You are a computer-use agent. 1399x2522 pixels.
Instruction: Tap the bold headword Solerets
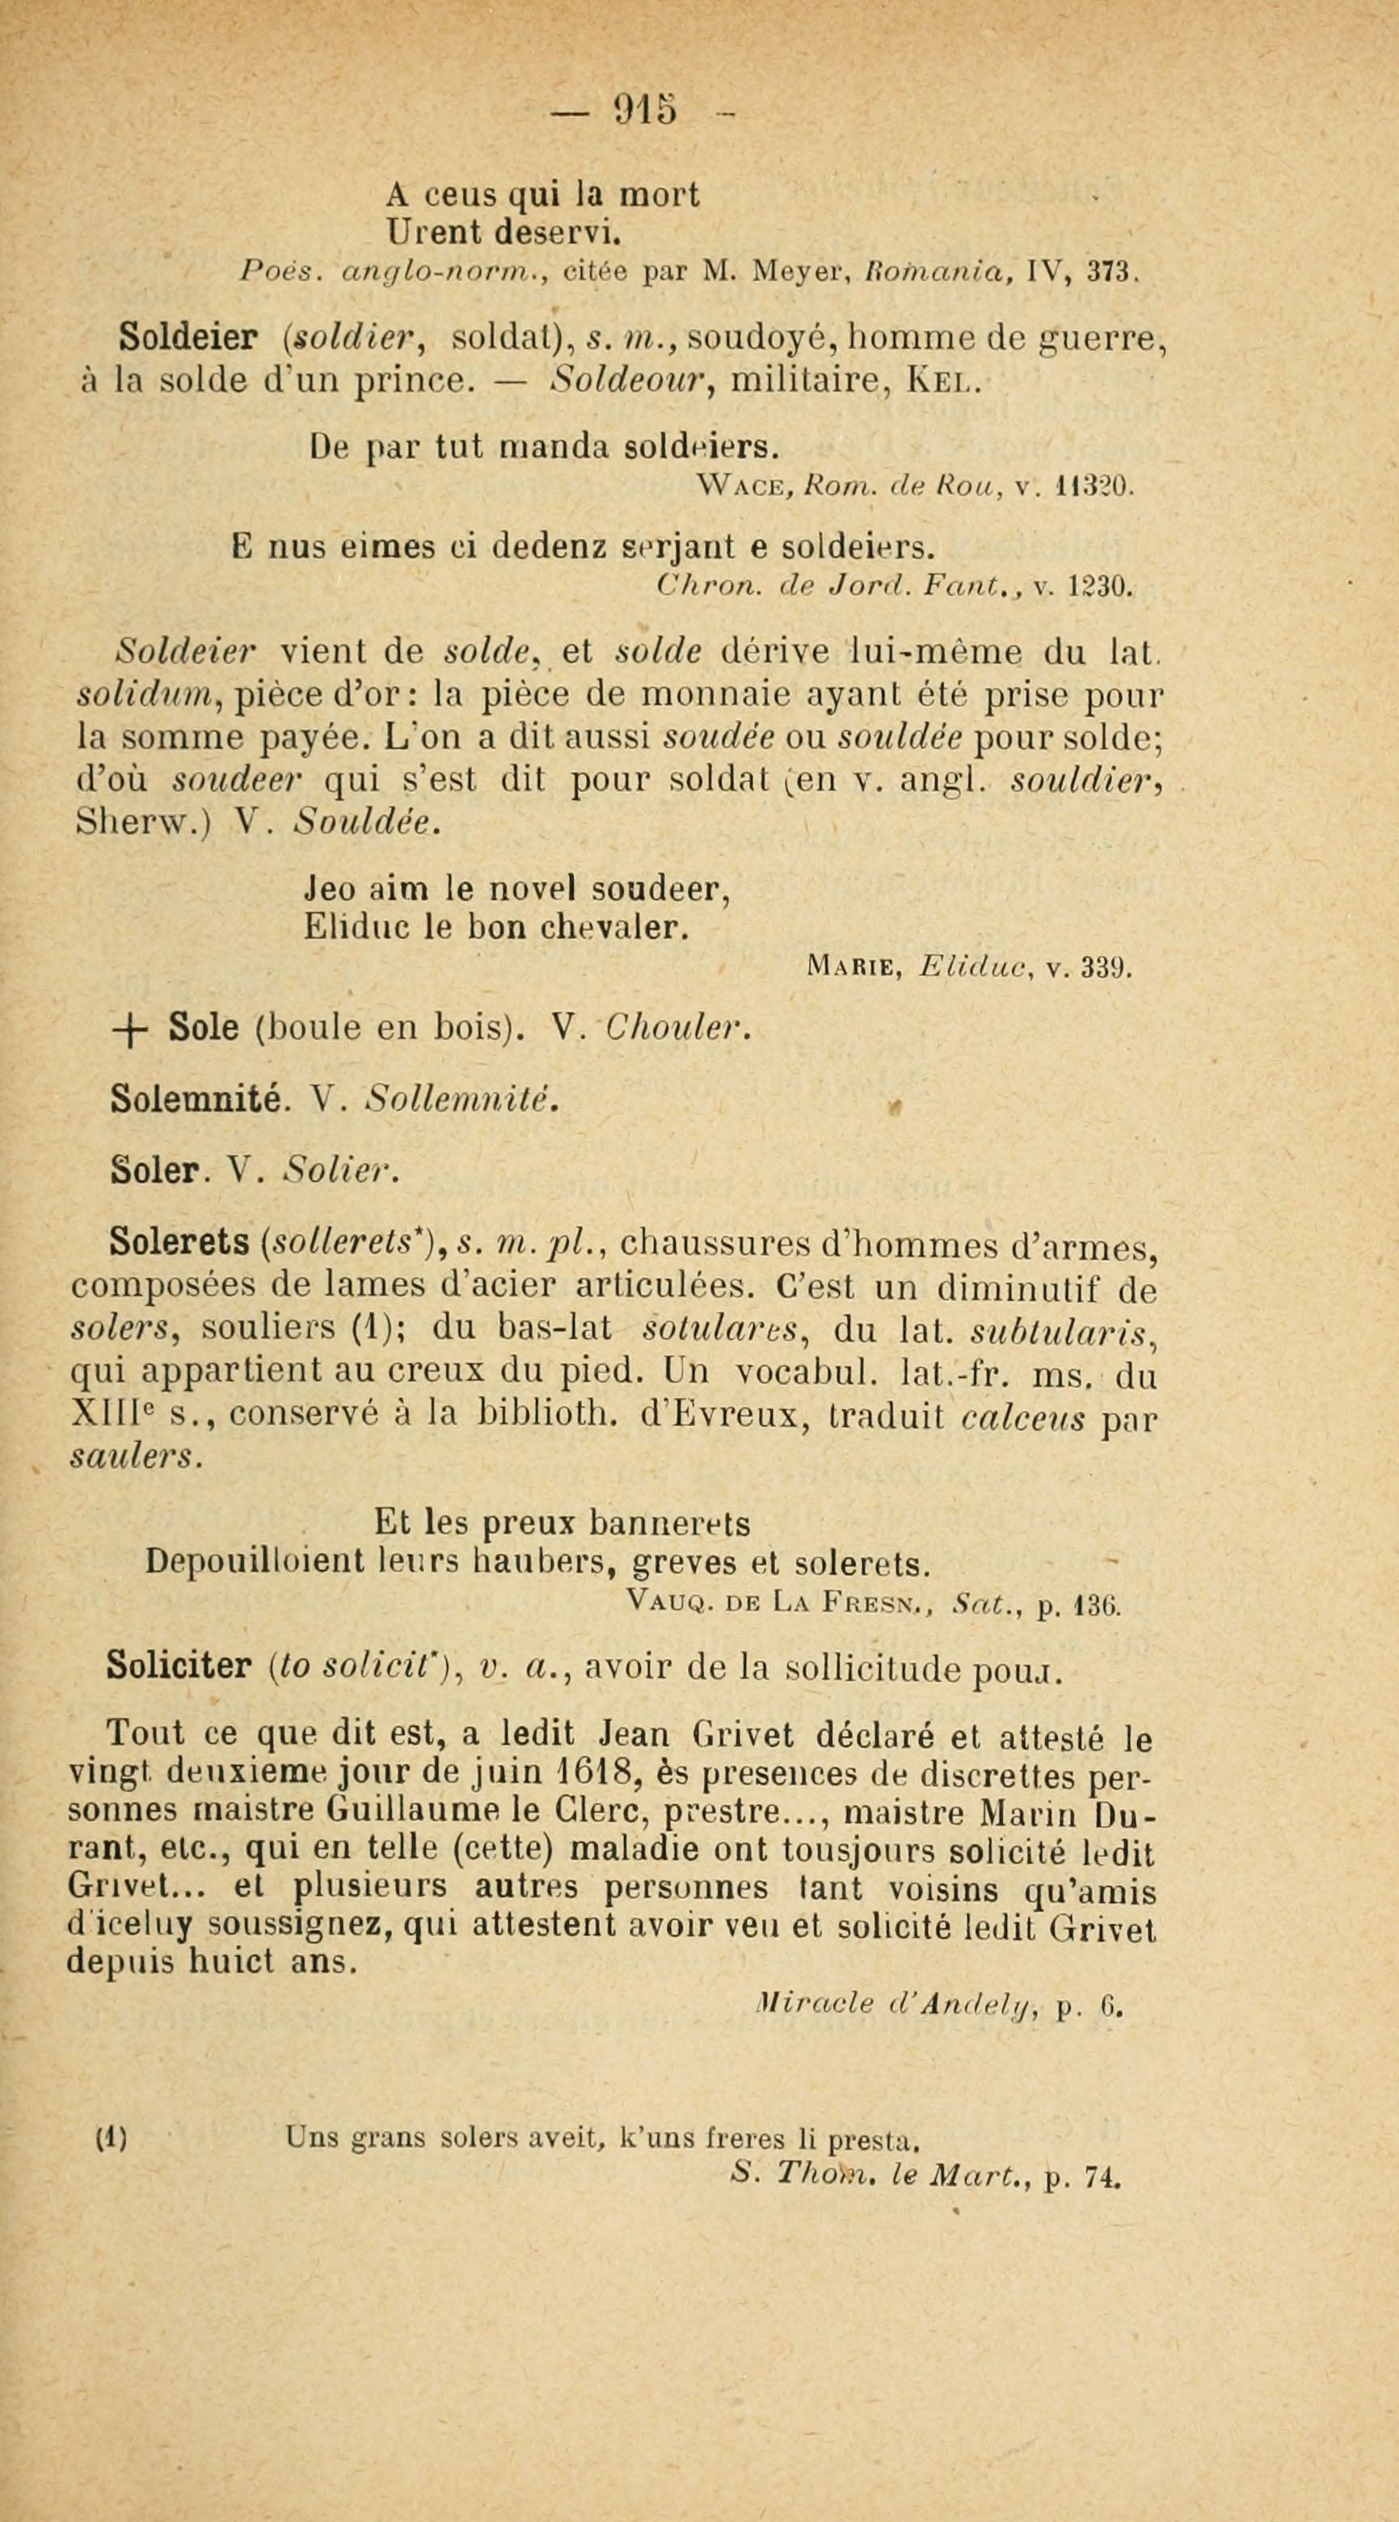click(x=180, y=1244)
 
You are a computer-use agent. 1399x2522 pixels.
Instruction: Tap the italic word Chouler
click(x=678, y=1027)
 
